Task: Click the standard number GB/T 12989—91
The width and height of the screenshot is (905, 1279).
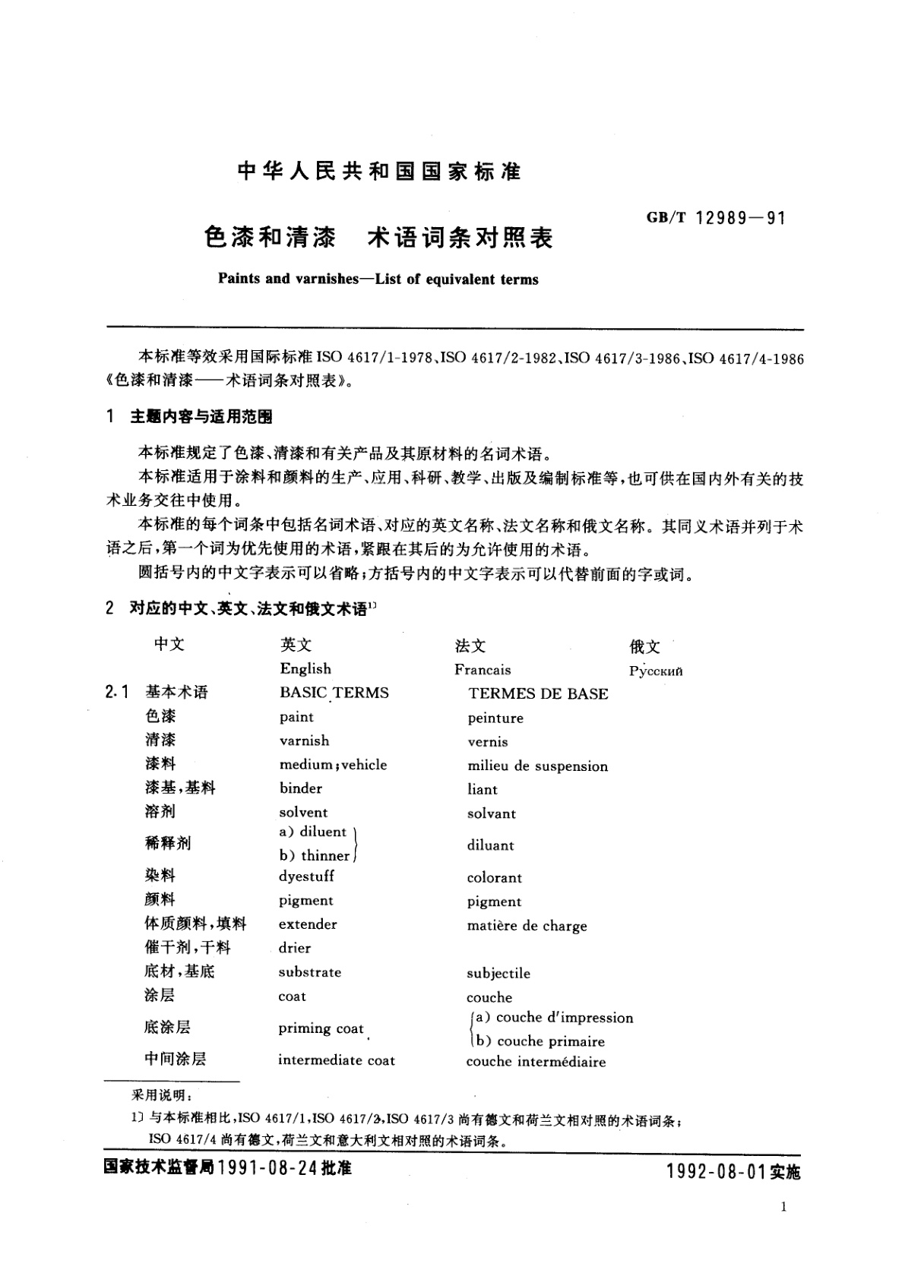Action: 715,219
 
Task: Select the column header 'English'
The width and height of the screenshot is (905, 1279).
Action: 305,669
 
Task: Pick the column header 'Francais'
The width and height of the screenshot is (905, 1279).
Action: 483,670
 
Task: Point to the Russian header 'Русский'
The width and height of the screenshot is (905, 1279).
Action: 656,671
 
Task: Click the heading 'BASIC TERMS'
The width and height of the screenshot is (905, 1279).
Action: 334,693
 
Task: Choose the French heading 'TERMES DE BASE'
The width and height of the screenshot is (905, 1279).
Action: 538,693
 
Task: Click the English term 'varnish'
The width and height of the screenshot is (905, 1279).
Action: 304,741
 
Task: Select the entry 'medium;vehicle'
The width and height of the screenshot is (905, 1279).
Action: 333,765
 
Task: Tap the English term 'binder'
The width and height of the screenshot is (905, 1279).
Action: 300,788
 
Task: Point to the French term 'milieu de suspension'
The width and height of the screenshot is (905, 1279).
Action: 537,766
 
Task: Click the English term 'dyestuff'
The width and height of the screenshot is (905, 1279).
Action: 306,876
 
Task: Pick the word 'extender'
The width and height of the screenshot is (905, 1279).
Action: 307,924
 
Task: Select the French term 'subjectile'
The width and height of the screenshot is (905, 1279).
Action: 498,974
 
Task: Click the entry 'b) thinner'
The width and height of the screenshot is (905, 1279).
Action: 315,856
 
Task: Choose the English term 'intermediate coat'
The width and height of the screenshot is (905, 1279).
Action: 336,1060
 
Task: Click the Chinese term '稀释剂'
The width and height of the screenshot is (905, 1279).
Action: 167,843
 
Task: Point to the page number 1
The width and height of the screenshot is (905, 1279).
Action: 783,1207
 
